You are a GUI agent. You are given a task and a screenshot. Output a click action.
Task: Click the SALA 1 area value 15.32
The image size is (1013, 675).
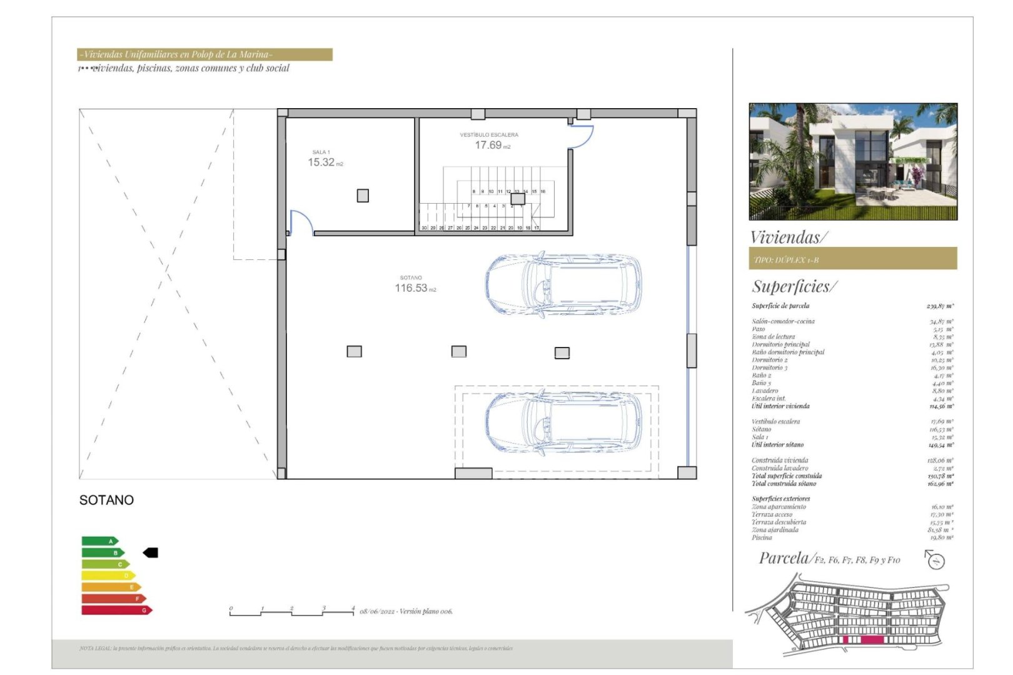coord(321,162)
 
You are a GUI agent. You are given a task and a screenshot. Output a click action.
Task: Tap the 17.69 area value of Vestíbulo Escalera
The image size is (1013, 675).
coord(488,145)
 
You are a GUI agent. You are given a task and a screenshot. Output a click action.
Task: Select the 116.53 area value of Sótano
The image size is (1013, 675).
coord(411,288)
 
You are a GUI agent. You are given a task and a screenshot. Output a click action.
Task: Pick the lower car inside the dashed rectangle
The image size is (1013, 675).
coord(563,422)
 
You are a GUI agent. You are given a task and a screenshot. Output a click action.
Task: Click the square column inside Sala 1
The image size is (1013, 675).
coord(363,196)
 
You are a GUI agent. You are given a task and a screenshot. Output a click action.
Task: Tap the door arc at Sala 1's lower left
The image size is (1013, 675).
coord(301,222)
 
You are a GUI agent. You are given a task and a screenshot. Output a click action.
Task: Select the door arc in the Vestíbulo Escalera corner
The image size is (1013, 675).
coord(581,136)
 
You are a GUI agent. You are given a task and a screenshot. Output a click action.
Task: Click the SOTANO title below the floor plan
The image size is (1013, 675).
coord(106,500)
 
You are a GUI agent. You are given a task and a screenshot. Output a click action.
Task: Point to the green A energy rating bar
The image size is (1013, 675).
coord(99,541)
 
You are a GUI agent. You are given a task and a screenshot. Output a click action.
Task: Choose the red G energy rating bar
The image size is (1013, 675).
coord(116,610)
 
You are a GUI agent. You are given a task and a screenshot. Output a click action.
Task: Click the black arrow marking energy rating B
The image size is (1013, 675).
coord(151,552)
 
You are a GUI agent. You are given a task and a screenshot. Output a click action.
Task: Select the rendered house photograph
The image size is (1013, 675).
coord(853,161)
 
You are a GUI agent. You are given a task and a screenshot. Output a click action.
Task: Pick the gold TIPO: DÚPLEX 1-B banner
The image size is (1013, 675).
coord(853,259)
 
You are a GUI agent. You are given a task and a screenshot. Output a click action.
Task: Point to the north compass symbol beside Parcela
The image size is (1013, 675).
coord(935,559)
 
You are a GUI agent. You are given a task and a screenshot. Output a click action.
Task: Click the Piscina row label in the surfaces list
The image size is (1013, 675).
coord(762,537)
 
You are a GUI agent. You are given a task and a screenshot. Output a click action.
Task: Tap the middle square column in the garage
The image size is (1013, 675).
coord(459,352)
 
